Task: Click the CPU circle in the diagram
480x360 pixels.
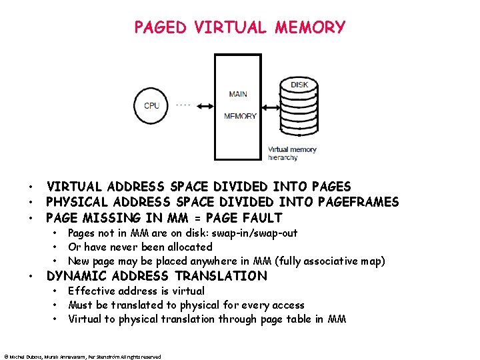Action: pyautogui.click(x=151, y=105)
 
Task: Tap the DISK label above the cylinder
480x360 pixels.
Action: pyautogui.click(x=299, y=85)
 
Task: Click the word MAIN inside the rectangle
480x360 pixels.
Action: pyautogui.click(x=237, y=94)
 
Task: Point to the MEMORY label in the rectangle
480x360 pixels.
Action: pyautogui.click(x=240, y=116)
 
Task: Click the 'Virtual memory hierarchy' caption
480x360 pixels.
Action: pyautogui.click(x=292, y=153)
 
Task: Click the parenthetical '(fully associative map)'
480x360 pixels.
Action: pyautogui.click(x=329, y=261)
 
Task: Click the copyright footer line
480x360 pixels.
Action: pyautogui.click(x=81, y=357)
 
